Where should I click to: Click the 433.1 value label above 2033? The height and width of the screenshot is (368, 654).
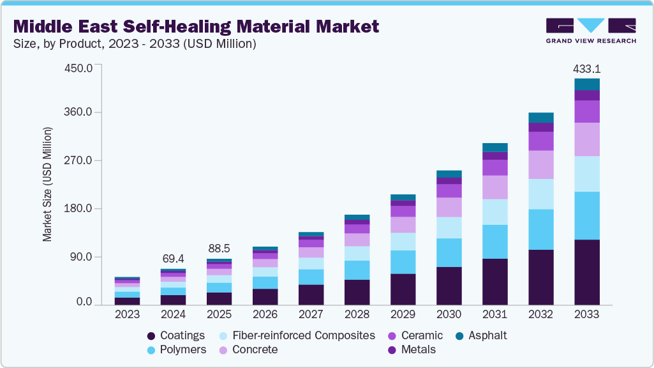point(587,68)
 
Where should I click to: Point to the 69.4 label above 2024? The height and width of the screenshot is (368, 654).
point(174,259)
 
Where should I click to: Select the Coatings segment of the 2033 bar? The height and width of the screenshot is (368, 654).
point(587,272)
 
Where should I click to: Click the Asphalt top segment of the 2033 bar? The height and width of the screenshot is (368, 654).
point(587,84)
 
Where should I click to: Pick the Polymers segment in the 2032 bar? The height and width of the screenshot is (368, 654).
point(541,229)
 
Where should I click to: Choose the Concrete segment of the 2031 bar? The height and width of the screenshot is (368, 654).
point(495,187)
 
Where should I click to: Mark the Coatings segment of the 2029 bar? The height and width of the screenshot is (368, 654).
point(403,289)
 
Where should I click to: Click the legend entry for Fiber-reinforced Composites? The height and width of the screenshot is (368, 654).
point(303,335)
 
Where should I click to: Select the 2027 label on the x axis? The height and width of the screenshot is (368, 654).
point(311,314)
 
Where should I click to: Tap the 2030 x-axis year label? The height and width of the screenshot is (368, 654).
point(449,314)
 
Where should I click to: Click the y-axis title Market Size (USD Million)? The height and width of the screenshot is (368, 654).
point(47,184)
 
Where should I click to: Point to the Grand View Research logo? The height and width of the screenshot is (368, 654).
point(591,30)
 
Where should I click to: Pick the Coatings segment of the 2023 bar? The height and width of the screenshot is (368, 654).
point(128,301)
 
